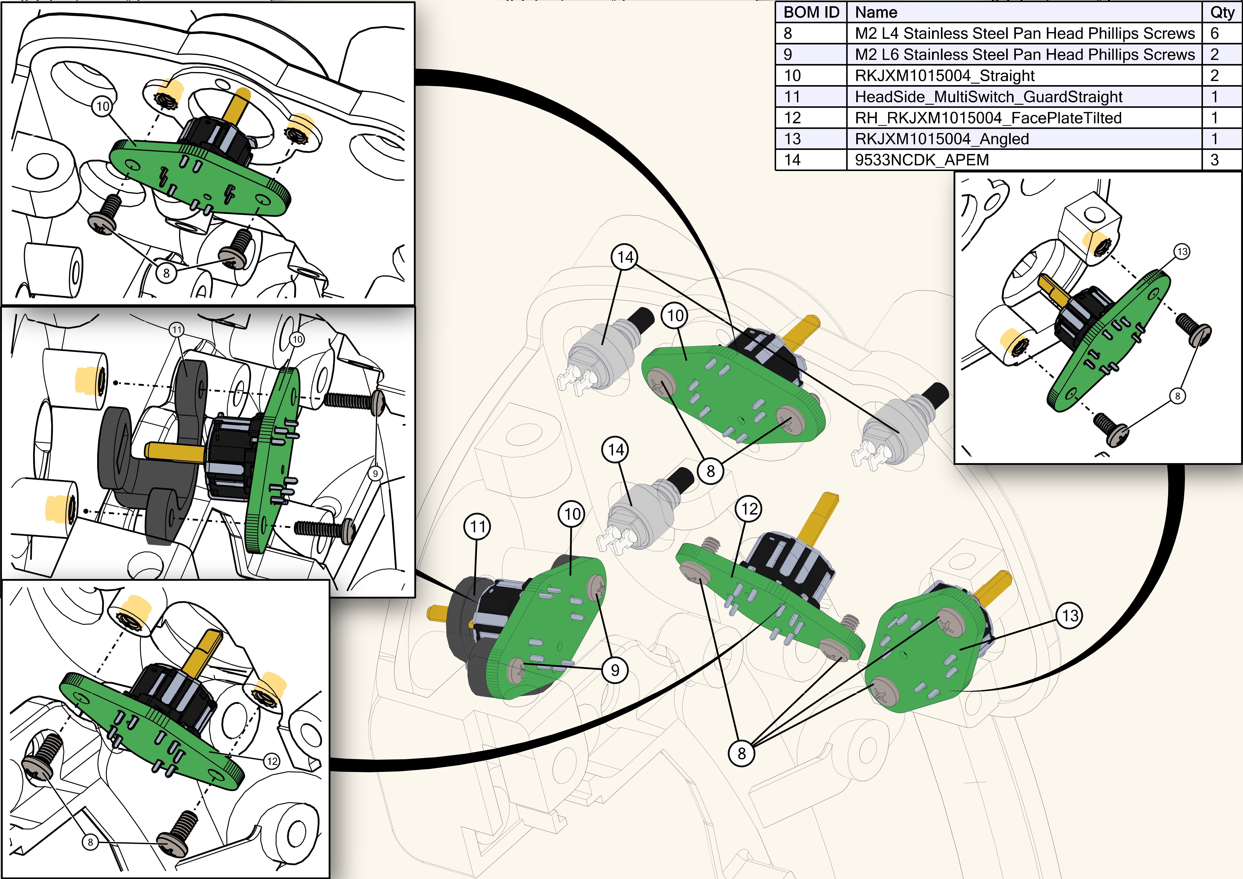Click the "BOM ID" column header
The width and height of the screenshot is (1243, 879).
[811, 12]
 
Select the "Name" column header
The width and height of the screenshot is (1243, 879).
[876, 12]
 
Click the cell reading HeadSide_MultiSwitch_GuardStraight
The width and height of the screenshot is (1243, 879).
[988, 97]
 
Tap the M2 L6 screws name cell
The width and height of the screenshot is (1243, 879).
[1024, 55]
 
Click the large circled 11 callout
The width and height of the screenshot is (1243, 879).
[477, 526]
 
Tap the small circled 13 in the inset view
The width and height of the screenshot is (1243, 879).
[1182, 251]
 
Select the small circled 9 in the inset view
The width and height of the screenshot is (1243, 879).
[375, 473]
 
